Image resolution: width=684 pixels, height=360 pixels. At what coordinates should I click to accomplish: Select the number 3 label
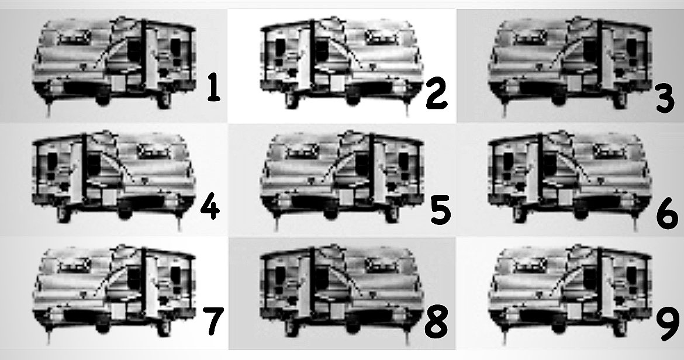[665, 98]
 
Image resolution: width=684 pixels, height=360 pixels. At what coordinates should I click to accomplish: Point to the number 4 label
[209, 207]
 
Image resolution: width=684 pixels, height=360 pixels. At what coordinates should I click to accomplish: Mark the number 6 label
[666, 215]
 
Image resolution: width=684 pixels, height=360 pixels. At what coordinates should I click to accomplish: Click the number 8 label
[436, 323]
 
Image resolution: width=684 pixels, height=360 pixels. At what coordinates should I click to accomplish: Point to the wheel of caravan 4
[123, 212]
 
